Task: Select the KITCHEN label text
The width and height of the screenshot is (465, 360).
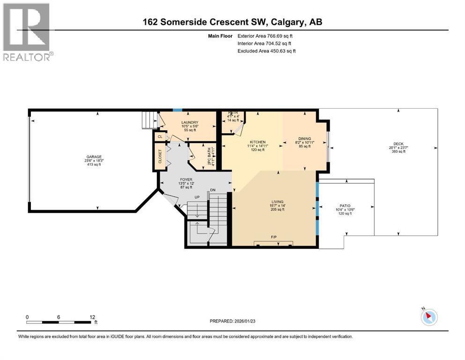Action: tap(258, 142)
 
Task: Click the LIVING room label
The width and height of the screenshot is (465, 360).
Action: tap(277, 202)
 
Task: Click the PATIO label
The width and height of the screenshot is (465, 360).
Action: tap(345, 205)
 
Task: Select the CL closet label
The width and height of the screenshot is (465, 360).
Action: tap(160, 136)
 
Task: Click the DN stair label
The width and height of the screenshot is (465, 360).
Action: tap(213, 190)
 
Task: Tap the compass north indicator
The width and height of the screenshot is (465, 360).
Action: tap(428, 317)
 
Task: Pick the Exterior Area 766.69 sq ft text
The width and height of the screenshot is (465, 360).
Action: tap(266, 36)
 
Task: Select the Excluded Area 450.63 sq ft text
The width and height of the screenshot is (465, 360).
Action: tap(266, 51)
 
